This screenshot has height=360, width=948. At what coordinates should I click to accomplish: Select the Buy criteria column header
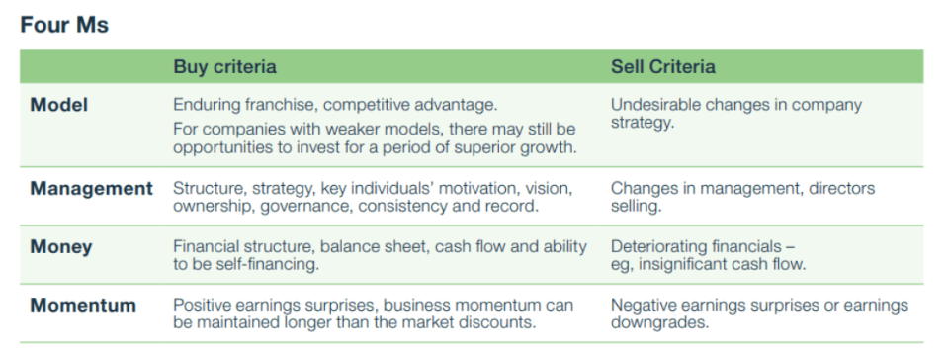pyautogui.click(x=225, y=66)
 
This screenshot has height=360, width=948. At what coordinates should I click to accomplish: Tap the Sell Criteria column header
pyautogui.click(x=662, y=66)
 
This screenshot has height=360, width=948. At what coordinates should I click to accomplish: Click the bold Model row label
pyautogui.click(x=59, y=105)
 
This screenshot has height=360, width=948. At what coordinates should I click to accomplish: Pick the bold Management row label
pyautogui.click(x=92, y=188)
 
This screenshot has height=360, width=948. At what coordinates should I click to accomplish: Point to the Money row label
pyautogui.click(x=61, y=247)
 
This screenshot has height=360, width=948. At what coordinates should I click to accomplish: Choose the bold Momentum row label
pyautogui.click(x=83, y=305)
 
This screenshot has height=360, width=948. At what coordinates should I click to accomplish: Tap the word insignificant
pyautogui.click(x=684, y=264)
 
